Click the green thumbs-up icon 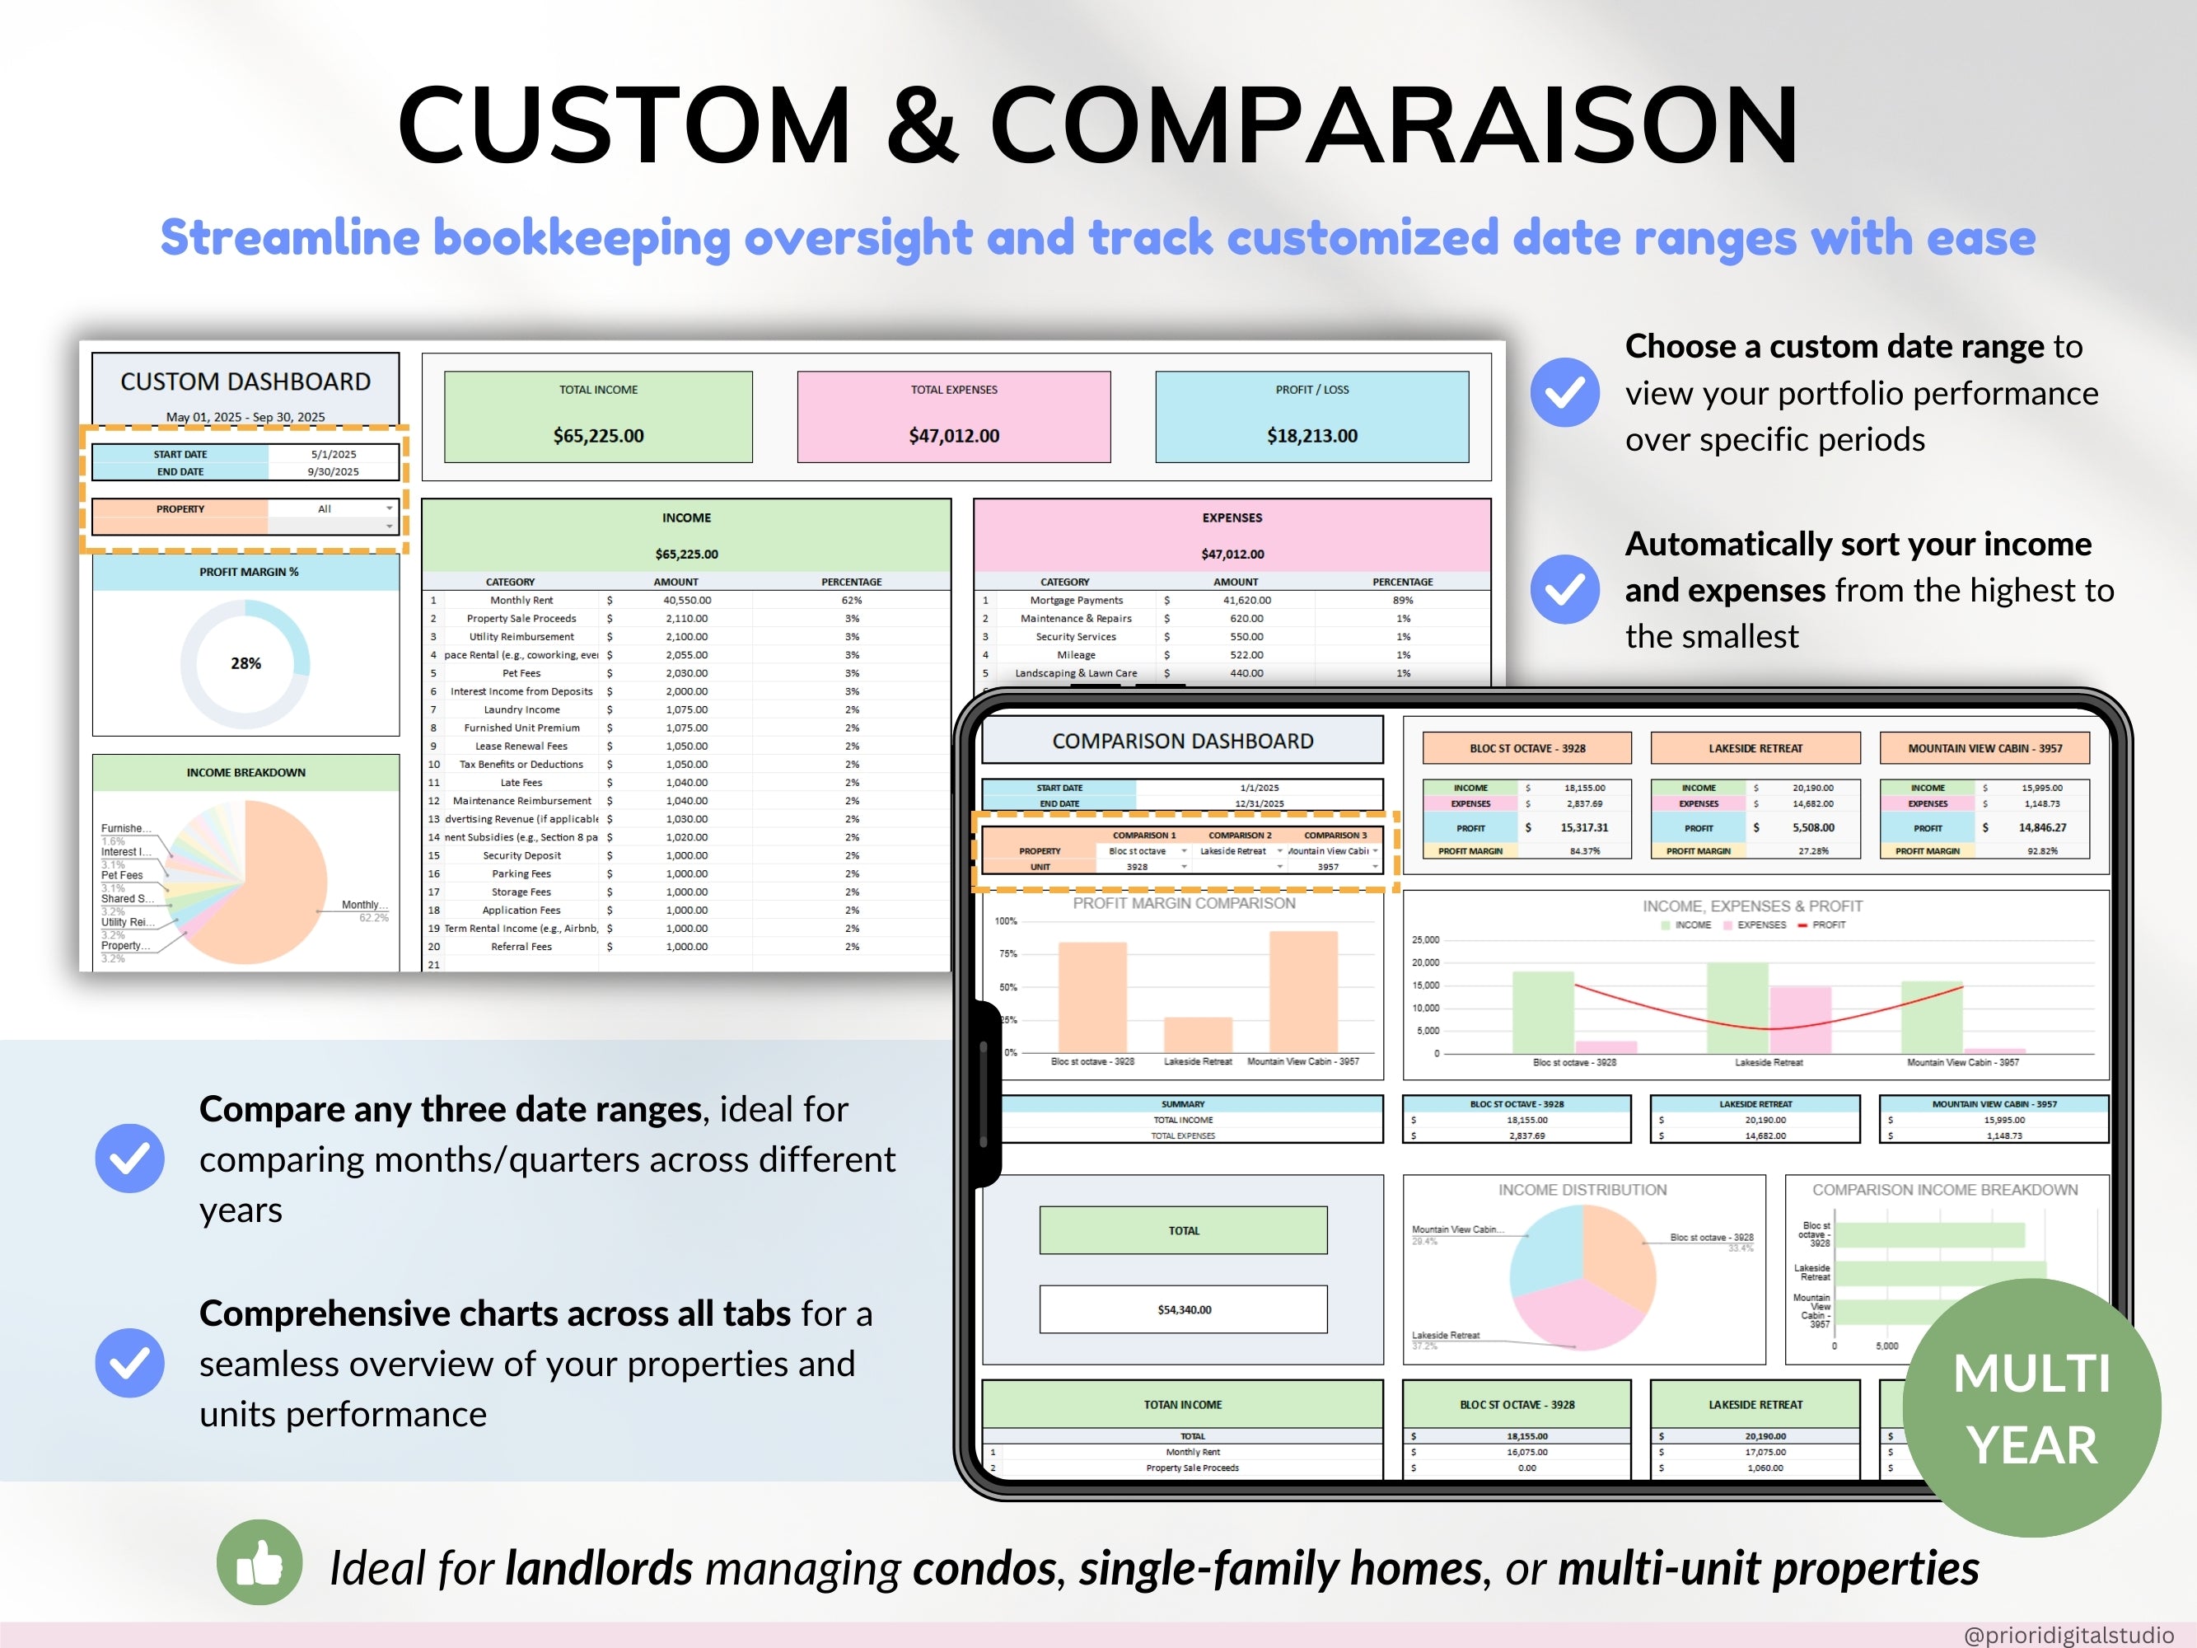tap(259, 1562)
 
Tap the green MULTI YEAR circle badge tap(2031, 1407)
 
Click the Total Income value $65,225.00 tap(598, 436)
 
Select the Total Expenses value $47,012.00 tap(953, 436)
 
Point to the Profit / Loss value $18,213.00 tap(1311, 436)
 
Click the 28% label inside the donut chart tap(245, 663)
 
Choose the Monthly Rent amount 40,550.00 tap(686, 600)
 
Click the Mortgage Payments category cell tap(1076, 600)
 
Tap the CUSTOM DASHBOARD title tap(245, 382)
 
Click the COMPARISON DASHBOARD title tap(1182, 741)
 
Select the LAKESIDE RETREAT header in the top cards tap(1755, 748)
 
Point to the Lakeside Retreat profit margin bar tap(1198, 1034)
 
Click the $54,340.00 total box tap(1183, 1309)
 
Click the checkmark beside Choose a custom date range tap(1564, 392)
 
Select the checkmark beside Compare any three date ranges tap(130, 1159)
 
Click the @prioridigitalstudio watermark tap(2068, 1634)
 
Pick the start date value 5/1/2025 tap(333, 454)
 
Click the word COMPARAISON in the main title tap(1394, 125)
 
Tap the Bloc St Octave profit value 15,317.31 tap(1583, 827)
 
